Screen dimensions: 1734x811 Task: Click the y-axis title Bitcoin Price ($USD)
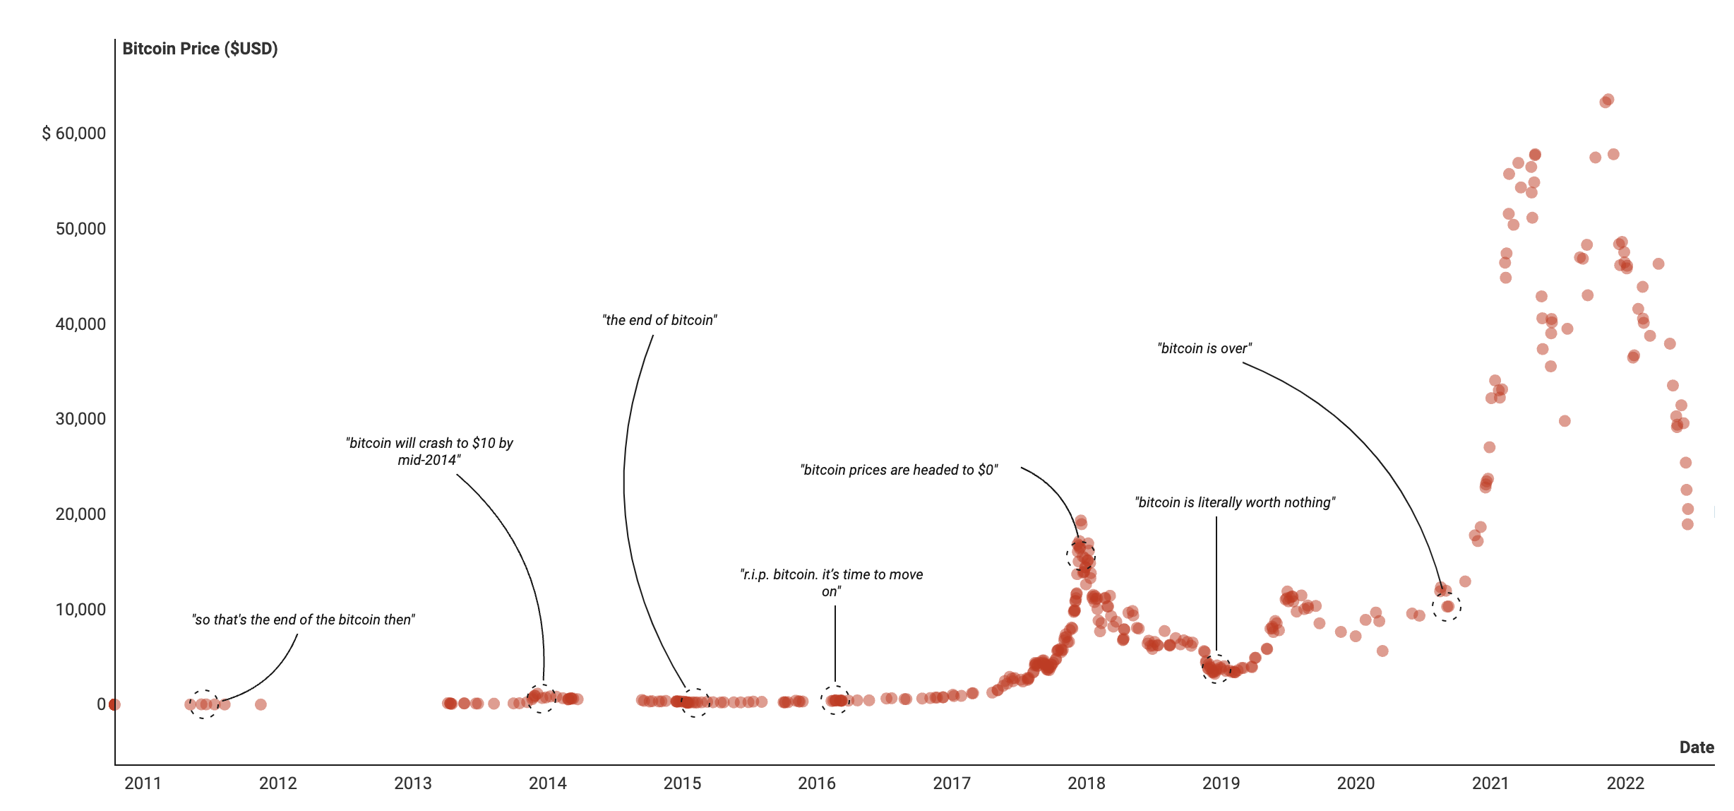200,49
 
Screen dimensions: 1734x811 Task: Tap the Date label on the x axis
1697,747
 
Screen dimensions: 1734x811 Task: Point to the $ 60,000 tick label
73,134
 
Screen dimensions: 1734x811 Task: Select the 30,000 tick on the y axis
80,419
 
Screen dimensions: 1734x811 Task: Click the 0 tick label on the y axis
101,704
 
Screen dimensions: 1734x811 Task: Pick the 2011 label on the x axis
143,783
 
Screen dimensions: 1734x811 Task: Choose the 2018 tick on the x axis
1086,783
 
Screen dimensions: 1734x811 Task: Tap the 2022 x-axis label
1625,783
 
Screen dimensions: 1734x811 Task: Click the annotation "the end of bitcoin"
659,320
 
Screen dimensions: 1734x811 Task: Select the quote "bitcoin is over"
1204,348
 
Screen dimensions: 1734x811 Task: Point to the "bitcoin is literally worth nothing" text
1235,502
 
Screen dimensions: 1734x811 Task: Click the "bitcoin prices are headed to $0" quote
899,470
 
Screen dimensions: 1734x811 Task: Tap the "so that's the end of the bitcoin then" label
304,620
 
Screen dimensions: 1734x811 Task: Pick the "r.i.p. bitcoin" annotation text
832,583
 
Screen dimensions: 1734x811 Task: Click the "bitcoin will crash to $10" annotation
429,451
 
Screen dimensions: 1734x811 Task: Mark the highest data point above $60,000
1608,100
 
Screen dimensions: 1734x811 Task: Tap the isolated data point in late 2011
261,704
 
